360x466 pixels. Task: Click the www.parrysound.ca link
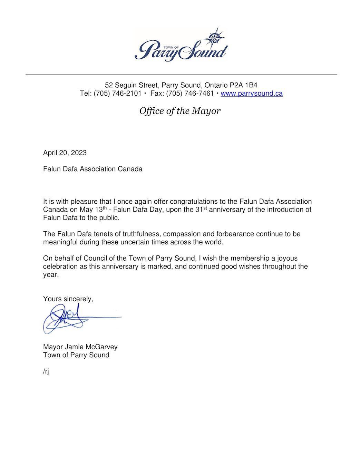(x=251, y=94)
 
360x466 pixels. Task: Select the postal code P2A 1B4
(x=243, y=85)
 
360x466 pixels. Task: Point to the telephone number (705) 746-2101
(x=117, y=94)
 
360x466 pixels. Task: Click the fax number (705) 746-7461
(x=190, y=94)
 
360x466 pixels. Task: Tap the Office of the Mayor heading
(x=180, y=111)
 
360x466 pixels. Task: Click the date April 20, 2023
(x=65, y=153)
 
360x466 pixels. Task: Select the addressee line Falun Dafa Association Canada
(x=93, y=169)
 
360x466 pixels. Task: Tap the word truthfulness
(x=142, y=234)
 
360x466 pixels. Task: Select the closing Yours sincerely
(x=68, y=299)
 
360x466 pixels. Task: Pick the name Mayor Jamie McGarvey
(x=80, y=347)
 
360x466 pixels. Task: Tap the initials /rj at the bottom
(x=46, y=371)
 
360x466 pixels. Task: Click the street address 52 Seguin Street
(x=131, y=85)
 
